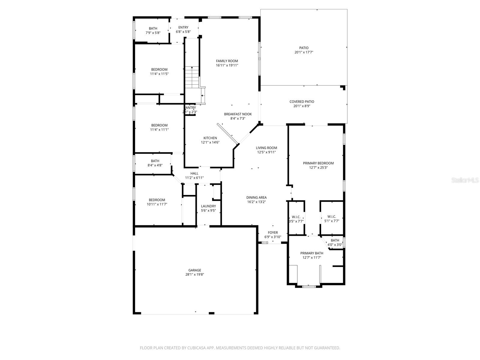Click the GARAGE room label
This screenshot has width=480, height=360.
pos(195,270)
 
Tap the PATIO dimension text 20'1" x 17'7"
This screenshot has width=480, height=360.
pos(304,52)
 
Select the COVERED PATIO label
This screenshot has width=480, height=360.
pos(301,102)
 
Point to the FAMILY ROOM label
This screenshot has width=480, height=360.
pos(227,61)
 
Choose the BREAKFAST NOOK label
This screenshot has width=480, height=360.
pos(238,114)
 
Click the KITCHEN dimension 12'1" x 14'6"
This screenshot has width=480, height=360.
pos(210,142)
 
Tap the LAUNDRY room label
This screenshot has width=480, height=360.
pos(208,206)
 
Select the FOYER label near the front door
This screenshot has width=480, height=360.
pos(273,232)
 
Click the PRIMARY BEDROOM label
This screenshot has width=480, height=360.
pos(318,163)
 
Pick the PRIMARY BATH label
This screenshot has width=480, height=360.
pos(312,253)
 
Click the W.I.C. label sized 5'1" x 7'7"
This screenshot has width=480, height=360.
pos(331,217)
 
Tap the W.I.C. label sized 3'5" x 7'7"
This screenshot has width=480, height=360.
pos(296,217)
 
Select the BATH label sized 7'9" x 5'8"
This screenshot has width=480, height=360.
pos(153,28)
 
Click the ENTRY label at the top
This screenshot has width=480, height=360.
pos(183,27)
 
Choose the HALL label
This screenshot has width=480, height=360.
pos(194,173)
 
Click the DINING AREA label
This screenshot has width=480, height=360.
pos(256,197)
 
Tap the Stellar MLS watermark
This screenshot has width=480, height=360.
pos(465,180)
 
